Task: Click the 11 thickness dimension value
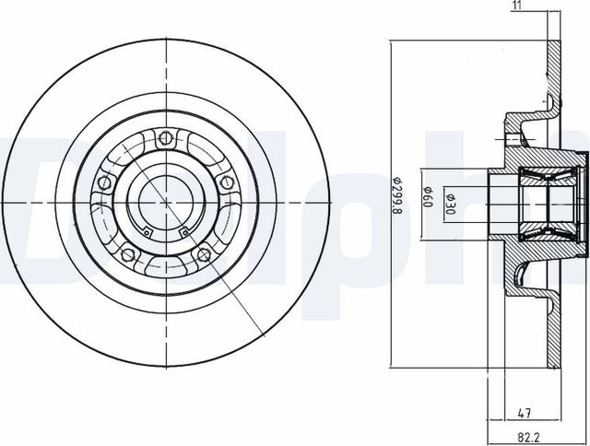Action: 516,7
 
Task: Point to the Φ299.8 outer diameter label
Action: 398,199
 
